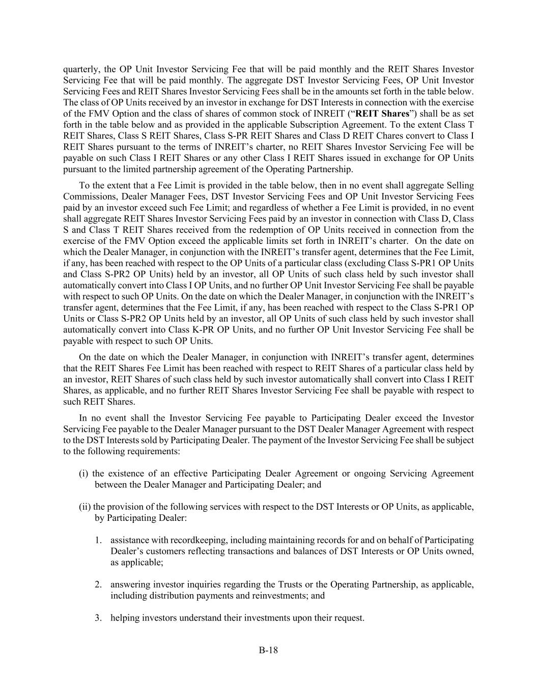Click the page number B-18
click(268, 650)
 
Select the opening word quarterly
click(80, 69)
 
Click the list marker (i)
click(83, 474)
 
